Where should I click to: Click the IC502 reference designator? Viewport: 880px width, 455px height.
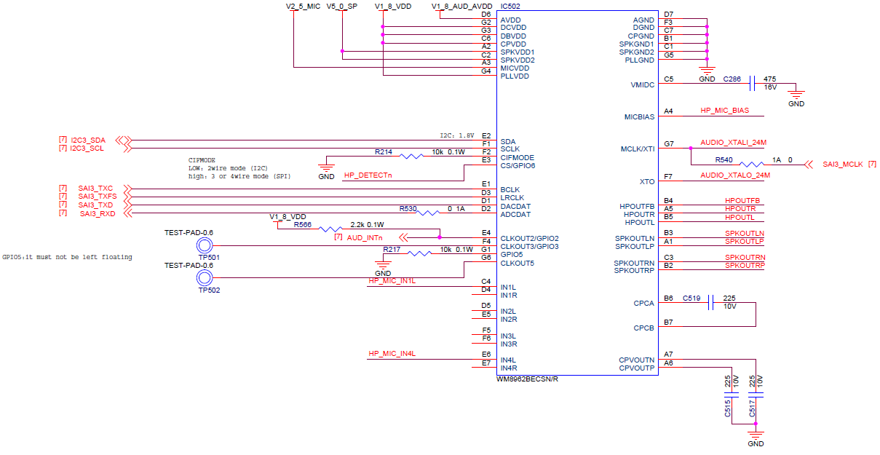click(x=510, y=6)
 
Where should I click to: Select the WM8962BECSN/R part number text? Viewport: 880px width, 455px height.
click(x=527, y=379)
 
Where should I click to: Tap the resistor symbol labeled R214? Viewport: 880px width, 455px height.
click(x=412, y=157)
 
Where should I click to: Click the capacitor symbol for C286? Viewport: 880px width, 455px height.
click(x=753, y=83)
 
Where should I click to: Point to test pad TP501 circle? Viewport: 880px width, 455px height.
click(x=205, y=246)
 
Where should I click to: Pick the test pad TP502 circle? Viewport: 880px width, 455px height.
click(x=205, y=277)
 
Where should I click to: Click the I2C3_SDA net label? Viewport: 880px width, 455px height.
click(x=87, y=140)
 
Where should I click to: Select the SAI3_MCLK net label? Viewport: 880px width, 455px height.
click(x=844, y=165)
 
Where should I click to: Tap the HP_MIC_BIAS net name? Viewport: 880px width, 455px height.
click(x=724, y=111)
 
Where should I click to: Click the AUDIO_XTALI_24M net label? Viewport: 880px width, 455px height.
click(x=733, y=143)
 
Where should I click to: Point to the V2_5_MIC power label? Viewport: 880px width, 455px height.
click(x=303, y=7)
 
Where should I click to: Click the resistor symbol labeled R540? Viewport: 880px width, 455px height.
click(x=750, y=165)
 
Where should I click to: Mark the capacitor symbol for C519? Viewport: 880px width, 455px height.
click(x=713, y=301)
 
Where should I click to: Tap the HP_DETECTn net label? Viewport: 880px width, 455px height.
click(x=368, y=175)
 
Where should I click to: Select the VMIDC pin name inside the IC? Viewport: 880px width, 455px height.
click(x=642, y=84)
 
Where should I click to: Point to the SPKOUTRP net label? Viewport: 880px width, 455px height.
click(x=745, y=266)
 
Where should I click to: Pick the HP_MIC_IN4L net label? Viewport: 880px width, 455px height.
click(x=392, y=354)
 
